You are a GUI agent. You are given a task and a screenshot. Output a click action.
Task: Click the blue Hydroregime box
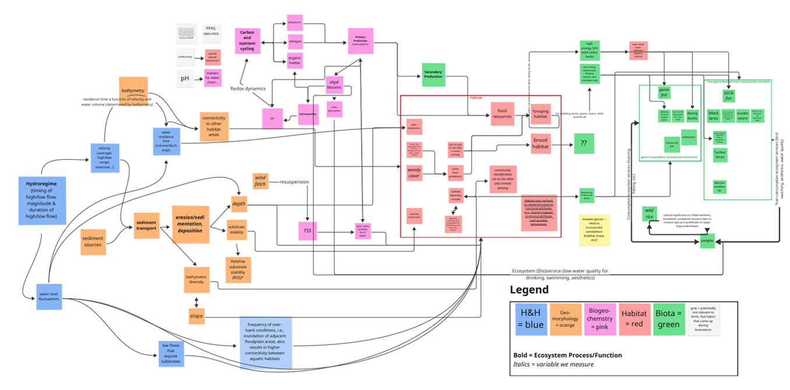pyautogui.click(x=42, y=200)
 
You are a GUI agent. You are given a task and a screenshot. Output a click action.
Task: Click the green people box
pyautogui.click(x=707, y=241)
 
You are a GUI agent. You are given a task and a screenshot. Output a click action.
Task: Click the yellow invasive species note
pyautogui.click(x=594, y=228)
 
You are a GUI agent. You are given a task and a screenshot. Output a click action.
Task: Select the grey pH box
pyautogui.click(x=185, y=79)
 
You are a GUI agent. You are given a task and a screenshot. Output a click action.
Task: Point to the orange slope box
pyautogui.click(x=196, y=316)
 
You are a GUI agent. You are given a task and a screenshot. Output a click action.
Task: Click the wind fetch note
pyautogui.click(x=260, y=181)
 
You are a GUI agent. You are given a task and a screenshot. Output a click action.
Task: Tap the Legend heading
pyautogui.click(x=529, y=290)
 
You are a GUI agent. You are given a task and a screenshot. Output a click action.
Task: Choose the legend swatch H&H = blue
pyautogui.click(x=530, y=319)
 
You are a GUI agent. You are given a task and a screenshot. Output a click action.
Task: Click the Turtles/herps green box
pyautogui.click(x=720, y=155)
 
